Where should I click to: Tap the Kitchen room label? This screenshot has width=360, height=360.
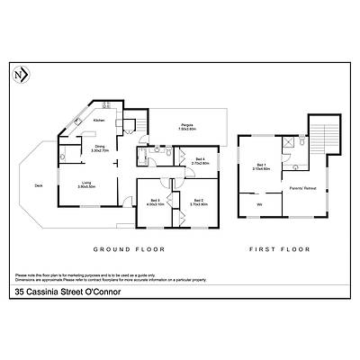coord(99,120)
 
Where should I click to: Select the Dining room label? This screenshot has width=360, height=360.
coord(100,148)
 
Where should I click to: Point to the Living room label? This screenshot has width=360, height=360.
coord(86,183)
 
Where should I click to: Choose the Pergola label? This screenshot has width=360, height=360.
coord(187,127)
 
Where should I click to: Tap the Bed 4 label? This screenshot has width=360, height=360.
coord(200,161)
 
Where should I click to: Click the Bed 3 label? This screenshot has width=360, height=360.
coord(155,201)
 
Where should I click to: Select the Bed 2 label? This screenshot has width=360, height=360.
coord(199,201)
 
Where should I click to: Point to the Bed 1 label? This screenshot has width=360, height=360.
coord(262,166)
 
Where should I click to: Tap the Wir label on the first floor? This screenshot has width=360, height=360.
coord(260,205)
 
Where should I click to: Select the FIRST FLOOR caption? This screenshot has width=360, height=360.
coord(279,247)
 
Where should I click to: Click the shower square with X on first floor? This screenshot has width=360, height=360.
coord(287,142)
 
